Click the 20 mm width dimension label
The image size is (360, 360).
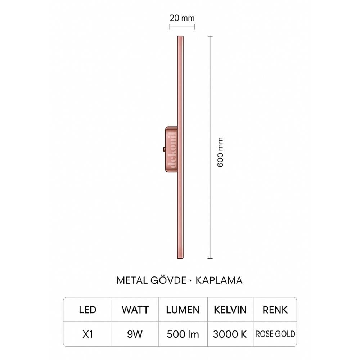pos(182,18)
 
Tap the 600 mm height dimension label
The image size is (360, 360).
pos(221,152)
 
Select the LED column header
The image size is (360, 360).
pos(87,310)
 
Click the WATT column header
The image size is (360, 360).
pos(135,310)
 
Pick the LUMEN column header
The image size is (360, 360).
pos(183,310)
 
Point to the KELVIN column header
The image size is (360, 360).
pos(230,310)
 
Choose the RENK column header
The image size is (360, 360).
pos(275,310)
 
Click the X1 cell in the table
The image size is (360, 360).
pos(87,334)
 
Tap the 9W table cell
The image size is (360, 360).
pos(135,334)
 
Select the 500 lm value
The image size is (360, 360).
pos(183,334)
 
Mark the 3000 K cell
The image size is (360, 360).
pos(230,334)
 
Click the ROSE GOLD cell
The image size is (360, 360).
pos(275,334)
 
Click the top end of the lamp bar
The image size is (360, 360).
pos(180,37)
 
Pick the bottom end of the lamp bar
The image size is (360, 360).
pos(180,258)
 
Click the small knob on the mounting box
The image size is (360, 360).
pos(164,149)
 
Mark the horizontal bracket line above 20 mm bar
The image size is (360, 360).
pos(182,26)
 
